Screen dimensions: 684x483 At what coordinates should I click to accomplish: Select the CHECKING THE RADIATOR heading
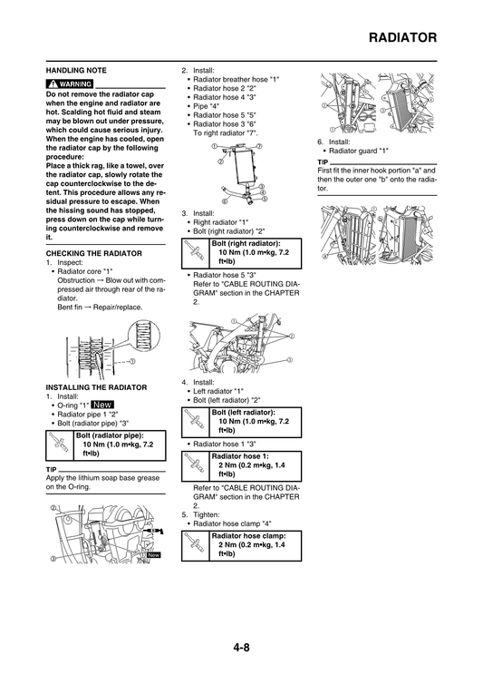pyautogui.click(x=92, y=253)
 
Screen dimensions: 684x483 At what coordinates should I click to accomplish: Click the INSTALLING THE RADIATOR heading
pyautogui.click(x=96, y=387)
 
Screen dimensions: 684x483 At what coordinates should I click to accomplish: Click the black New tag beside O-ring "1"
pyautogui.click(x=102, y=405)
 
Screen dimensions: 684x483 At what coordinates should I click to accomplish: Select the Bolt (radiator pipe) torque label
pyautogui.click(x=116, y=435)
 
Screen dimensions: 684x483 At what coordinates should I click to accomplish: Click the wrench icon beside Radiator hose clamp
pyautogui.click(x=195, y=544)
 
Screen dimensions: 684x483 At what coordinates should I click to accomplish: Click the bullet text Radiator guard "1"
pyautogui.click(x=357, y=151)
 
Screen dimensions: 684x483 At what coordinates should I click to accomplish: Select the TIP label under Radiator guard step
pyautogui.click(x=323, y=161)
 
